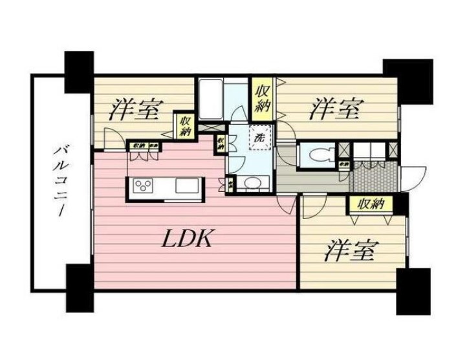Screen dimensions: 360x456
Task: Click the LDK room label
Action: point(188,240)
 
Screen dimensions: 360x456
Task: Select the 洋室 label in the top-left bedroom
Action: point(134,110)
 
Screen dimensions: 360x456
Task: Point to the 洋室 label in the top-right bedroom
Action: point(334,109)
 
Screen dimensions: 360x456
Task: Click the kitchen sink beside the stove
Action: point(188,187)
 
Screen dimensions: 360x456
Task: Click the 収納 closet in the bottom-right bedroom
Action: point(369,204)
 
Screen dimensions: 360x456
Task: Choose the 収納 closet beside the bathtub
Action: point(262,98)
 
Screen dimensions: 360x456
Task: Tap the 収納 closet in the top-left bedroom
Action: point(186,123)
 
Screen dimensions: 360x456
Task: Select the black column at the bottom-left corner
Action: point(79,288)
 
